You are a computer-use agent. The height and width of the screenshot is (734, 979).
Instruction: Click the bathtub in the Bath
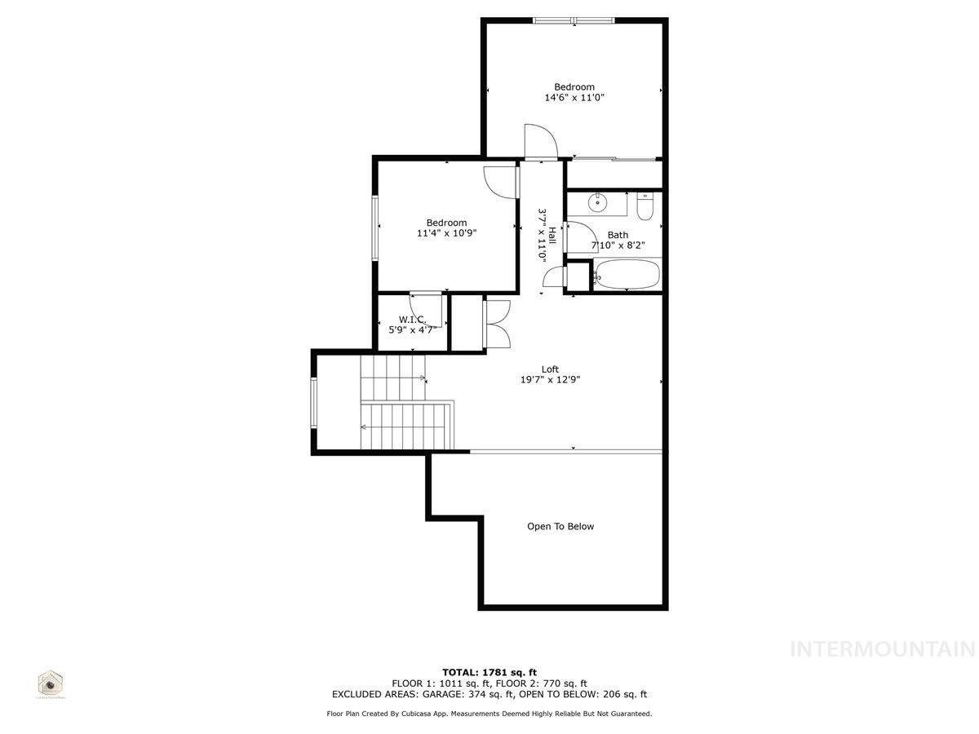pos(627,275)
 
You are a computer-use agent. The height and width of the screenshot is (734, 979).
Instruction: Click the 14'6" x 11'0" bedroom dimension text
pos(574,98)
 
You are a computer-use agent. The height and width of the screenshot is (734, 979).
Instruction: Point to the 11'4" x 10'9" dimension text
pos(446,233)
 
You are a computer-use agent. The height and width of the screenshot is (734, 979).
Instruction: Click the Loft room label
pos(550,369)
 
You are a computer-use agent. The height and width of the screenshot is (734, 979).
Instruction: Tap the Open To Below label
pos(560,527)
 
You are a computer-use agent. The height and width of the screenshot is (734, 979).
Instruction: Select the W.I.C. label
pos(412,320)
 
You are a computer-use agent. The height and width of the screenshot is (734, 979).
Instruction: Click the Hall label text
pos(552,237)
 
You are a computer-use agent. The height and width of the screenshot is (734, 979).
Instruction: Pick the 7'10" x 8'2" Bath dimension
pos(618,245)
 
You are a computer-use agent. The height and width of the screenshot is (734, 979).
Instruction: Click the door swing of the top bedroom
pos(539,140)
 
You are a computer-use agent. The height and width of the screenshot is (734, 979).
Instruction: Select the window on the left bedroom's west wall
pos(376,228)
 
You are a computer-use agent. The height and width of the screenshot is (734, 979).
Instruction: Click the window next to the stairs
pos(313,402)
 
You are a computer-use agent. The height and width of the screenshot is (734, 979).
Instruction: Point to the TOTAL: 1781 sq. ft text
pos(489,672)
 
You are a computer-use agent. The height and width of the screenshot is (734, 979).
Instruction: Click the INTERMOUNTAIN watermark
pos(884,649)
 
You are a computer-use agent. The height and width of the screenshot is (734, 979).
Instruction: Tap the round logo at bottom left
pos(51,683)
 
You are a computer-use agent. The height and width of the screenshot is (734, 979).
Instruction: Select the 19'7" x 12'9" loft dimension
pos(550,379)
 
